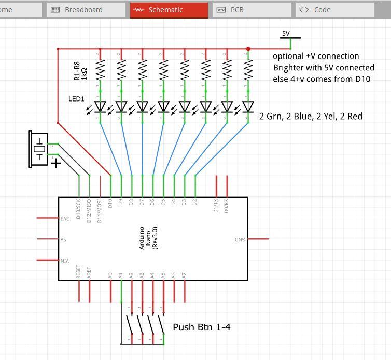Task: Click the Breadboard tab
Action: [x=86, y=10]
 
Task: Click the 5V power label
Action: [x=286, y=34]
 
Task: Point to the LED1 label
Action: [x=76, y=98]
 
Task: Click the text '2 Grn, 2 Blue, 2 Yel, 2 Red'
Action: [x=311, y=117]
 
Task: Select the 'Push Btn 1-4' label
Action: [x=201, y=327]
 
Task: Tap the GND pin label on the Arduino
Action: [x=240, y=239]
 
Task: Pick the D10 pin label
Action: [x=110, y=203]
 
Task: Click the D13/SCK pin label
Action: [x=79, y=207]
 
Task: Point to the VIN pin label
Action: [x=65, y=261]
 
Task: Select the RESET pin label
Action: [x=79, y=272]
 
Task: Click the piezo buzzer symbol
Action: [x=39, y=150]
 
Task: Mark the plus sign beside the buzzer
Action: [x=55, y=163]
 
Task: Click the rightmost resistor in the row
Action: [x=248, y=68]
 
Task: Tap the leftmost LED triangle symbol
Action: [x=100, y=107]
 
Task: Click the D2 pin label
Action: [x=195, y=203]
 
